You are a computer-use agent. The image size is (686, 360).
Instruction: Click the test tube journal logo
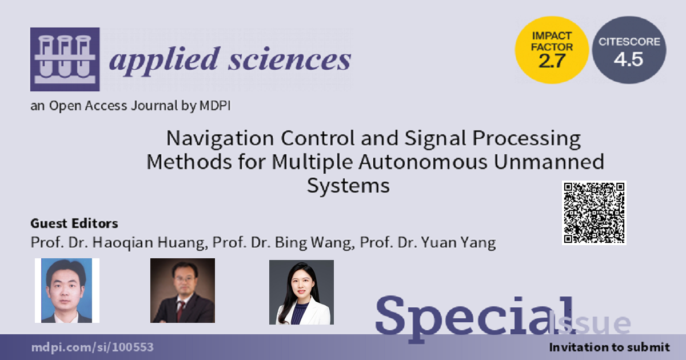(65, 59)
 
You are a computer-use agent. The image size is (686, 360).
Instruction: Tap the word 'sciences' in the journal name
(290, 59)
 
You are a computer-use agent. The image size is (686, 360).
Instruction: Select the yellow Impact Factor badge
(552, 50)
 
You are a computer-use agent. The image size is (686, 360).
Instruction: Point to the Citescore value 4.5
(628, 59)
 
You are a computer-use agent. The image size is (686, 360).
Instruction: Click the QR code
(594, 213)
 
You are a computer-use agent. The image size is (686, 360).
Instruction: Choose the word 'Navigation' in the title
(220, 139)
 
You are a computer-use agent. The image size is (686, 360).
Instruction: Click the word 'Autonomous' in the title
(423, 162)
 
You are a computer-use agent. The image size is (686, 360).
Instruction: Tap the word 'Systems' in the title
(348, 186)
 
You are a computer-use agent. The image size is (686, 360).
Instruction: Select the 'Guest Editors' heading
(74, 223)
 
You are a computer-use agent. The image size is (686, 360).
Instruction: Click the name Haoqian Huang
(149, 243)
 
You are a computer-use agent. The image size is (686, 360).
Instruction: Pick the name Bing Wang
(313, 243)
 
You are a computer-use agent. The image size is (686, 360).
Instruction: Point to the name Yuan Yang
(458, 243)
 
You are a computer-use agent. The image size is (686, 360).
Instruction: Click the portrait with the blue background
(67, 290)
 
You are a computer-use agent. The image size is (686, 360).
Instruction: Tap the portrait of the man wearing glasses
(182, 290)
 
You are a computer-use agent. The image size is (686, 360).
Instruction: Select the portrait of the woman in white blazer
(302, 292)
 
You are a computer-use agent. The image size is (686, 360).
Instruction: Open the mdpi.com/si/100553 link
(93, 347)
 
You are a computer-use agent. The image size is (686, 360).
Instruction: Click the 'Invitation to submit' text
(609, 347)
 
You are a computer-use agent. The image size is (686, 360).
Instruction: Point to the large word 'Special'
(474, 318)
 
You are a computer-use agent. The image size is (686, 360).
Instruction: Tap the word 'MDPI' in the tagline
(215, 106)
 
